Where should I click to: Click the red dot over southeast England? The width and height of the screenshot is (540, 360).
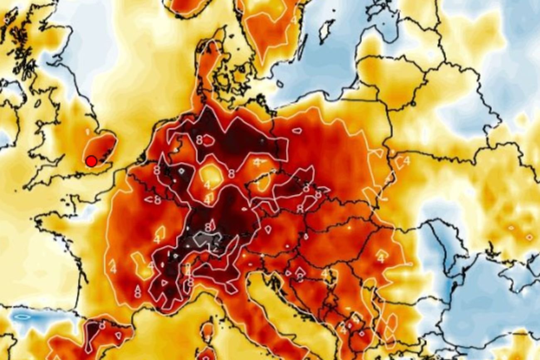[91, 161]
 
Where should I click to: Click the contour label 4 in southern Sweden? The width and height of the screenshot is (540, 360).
[294, 20]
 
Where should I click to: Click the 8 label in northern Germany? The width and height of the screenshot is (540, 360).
[199, 140]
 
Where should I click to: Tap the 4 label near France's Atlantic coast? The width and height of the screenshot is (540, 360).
[113, 269]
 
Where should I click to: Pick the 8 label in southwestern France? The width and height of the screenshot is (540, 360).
[137, 293]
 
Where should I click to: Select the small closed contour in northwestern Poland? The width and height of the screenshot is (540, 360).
[297, 131]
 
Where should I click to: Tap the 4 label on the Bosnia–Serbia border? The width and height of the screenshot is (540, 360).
[324, 273]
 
